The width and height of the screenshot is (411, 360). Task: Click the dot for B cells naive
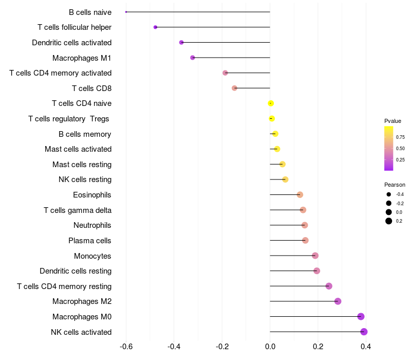(126, 12)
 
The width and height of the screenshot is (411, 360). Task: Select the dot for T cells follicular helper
(156, 27)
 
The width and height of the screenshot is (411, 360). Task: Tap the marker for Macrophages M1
(193, 58)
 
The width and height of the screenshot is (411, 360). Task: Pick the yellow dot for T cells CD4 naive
(271, 103)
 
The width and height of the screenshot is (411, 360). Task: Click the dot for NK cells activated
(364, 332)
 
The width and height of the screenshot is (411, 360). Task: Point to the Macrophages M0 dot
(361, 316)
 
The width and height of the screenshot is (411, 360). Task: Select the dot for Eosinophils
(300, 195)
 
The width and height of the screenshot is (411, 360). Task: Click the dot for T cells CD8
(235, 88)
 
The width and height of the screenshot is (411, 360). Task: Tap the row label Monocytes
(92, 256)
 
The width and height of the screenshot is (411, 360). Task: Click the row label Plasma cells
(89, 241)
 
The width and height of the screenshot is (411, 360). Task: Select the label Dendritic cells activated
(72, 43)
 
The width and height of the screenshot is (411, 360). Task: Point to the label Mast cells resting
(82, 165)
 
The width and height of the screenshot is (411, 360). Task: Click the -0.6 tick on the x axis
(126, 347)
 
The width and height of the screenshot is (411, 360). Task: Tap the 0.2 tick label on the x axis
(318, 347)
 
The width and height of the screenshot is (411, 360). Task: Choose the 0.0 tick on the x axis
(270, 347)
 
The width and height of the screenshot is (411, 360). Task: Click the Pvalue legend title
(393, 121)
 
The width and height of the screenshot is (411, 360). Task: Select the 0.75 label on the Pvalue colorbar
(400, 137)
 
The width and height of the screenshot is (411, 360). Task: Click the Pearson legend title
(395, 185)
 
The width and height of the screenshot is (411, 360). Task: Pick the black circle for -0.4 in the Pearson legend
(389, 194)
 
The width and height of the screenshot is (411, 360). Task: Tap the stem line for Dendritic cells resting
(293, 271)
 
